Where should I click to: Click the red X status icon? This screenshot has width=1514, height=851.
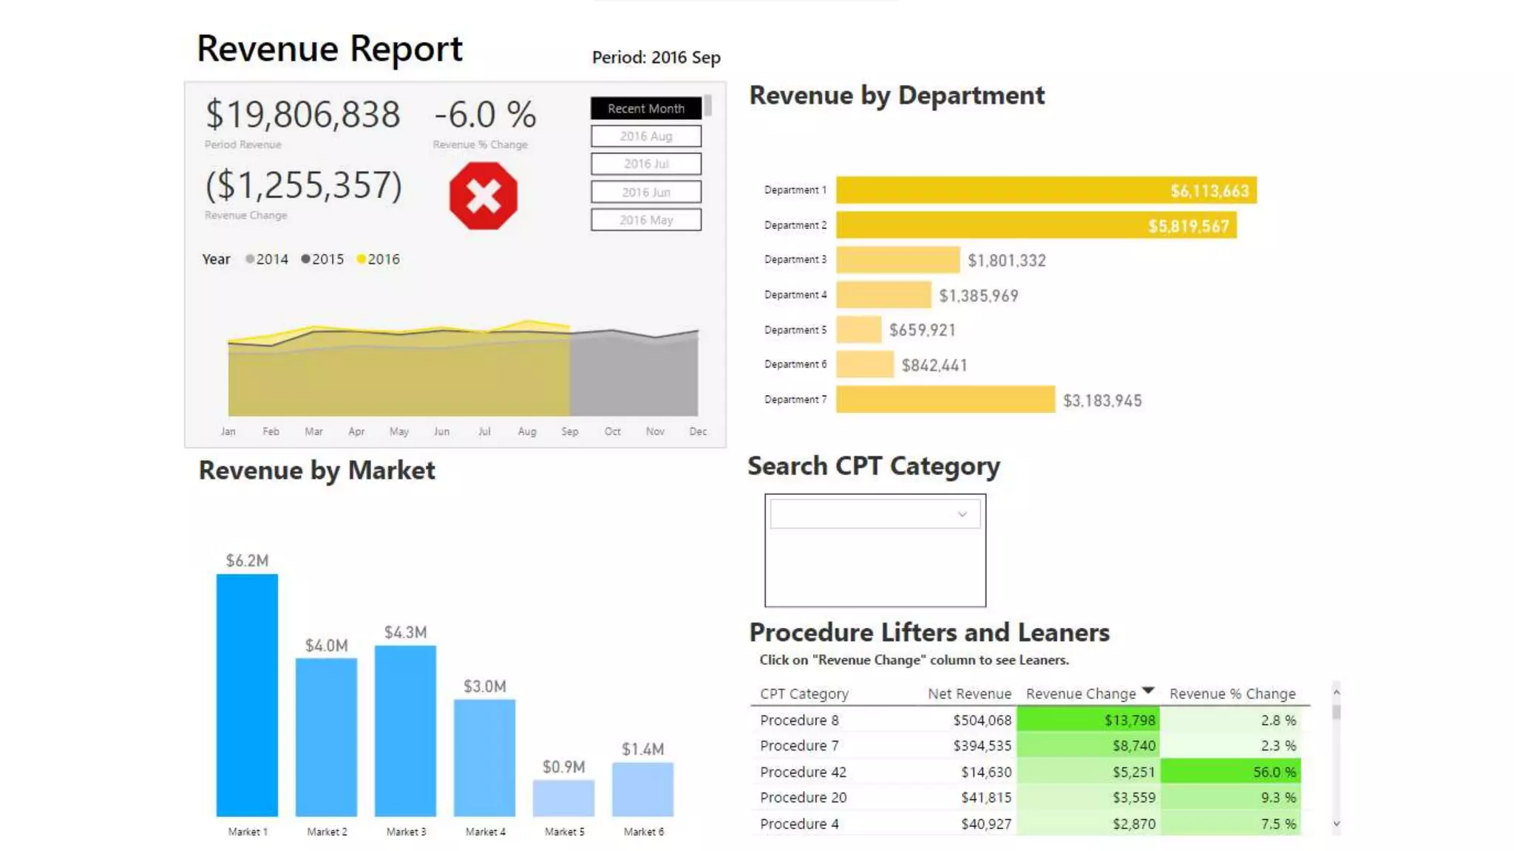(483, 196)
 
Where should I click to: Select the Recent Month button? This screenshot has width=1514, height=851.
(645, 109)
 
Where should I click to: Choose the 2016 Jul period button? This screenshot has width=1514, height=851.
(645, 164)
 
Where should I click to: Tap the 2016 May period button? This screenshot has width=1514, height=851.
(645, 220)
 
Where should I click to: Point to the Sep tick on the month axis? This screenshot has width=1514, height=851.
(569, 431)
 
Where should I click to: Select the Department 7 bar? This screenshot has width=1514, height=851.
(945, 400)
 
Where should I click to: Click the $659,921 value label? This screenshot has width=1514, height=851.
(922, 330)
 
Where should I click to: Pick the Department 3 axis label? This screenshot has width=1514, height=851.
(795, 260)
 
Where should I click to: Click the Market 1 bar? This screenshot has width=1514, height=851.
(247, 694)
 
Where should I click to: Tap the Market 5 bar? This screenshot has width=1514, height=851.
(563, 798)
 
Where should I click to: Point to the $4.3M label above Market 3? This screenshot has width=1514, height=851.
(405, 632)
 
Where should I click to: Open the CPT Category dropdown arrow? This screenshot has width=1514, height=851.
(962, 514)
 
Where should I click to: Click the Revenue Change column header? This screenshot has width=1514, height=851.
(1081, 694)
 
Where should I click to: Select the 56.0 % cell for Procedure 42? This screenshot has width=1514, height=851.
(1230, 772)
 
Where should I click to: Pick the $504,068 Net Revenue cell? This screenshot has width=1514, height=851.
(982, 720)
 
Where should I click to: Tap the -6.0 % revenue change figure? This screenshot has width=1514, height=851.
(484, 115)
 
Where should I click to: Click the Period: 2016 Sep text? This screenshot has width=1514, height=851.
(656, 58)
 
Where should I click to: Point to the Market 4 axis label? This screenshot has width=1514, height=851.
(485, 832)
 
